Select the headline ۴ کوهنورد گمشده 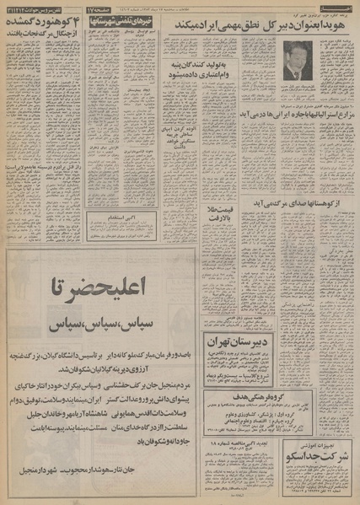40,24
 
